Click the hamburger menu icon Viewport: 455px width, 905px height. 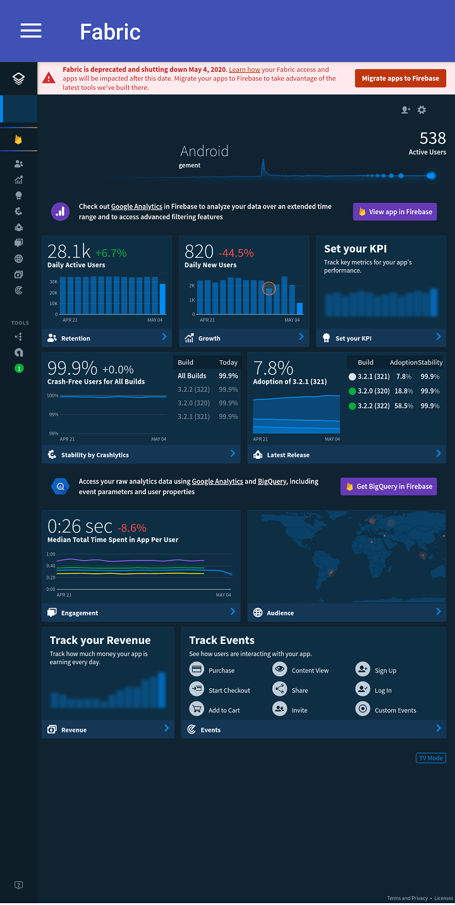pyautogui.click(x=31, y=31)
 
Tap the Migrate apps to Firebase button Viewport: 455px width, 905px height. pyautogui.click(x=400, y=78)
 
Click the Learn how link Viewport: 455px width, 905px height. pyautogui.click(x=245, y=70)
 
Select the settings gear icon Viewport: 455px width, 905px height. pyautogui.click(x=422, y=110)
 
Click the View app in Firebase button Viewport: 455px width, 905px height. pyautogui.click(x=395, y=212)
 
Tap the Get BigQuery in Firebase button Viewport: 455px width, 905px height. pyautogui.click(x=389, y=487)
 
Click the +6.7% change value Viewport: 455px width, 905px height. pyautogui.click(x=111, y=253)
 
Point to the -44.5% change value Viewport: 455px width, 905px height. pyautogui.click(x=236, y=253)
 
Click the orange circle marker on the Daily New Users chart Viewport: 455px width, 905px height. pyautogui.click(x=269, y=288)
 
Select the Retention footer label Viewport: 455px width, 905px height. pyautogui.click(x=75, y=339)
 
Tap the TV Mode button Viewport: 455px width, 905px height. pyautogui.click(x=431, y=758)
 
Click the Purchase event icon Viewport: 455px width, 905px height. pyautogui.click(x=197, y=669)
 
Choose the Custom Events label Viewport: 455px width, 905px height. pyautogui.click(x=395, y=710)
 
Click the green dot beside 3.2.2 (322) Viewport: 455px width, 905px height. pyautogui.click(x=352, y=406)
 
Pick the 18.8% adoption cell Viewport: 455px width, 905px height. pyautogui.click(x=404, y=391)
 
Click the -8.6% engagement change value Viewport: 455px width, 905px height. pyautogui.click(x=132, y=528)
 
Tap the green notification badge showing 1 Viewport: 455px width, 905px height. pyautogui.click(x=19, y=368)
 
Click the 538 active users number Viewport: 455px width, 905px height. pyautogui.click(x=432, y=138)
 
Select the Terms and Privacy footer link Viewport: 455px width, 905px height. pyautogui.click(x=407, y=898)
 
